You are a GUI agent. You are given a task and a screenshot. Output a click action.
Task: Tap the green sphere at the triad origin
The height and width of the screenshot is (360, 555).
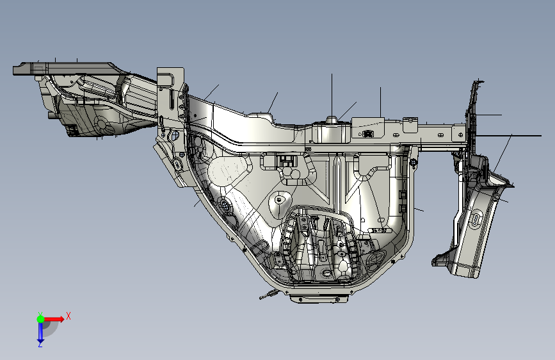pyautogui.click(x=40, y=318)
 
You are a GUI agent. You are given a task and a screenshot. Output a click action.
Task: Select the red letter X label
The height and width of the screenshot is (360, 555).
pyautogui.click(x=68, y=316)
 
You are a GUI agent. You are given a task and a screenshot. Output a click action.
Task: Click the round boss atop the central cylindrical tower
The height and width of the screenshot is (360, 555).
pyautogui.click(x=332, y=120)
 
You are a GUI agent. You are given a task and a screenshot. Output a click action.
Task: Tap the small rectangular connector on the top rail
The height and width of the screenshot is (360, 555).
pyautogui.click(x=369, y=134)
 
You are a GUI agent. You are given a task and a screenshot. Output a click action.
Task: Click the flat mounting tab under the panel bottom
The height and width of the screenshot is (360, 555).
pyautogui.click(x=321, y=298)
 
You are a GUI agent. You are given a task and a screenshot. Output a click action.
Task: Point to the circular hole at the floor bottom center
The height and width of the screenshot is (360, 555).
pyautogui.click(x=326, y=274)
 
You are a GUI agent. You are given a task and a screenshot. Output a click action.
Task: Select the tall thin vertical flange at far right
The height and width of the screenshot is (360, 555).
pyautogui.click(x=474, y=115)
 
